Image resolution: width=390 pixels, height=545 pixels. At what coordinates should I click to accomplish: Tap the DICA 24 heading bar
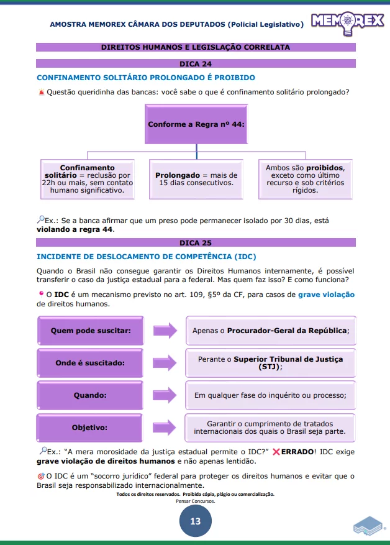[x=196, y=63]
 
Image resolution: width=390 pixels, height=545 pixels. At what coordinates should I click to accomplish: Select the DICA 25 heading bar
[x=196, y=243]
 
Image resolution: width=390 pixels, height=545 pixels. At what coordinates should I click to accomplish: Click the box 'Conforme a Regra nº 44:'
[x=196, y=124]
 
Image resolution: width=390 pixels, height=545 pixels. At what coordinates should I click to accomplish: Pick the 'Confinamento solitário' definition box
[x=87, y=180]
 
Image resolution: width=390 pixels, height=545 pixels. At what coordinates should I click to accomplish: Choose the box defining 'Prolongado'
[x=196, y=180]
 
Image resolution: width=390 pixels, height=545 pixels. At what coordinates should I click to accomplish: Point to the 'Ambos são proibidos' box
[x=305, y=180]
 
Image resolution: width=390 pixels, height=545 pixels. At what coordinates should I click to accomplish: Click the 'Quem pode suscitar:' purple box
[x=91, y=331]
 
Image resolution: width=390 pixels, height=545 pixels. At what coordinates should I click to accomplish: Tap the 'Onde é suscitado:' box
[x=91, y=363]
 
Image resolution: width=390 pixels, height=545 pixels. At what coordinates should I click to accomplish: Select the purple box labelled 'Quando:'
[x=91, y=395]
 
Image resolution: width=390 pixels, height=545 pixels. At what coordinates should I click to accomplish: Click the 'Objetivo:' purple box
[x=91, y=428]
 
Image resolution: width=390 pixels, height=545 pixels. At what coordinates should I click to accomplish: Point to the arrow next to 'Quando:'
[x=165, y=395]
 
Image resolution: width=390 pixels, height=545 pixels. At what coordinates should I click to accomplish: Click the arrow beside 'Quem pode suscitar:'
[x=165, y=331]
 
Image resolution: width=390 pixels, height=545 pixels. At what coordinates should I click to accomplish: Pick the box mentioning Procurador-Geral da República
[x=270, y=331]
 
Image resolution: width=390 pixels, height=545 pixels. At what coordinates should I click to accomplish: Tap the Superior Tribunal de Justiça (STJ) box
[x=270, y=363]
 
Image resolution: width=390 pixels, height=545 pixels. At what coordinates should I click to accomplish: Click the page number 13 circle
[x=195, y=521]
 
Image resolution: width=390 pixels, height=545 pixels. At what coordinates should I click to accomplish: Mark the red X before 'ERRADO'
[x=276, y=451]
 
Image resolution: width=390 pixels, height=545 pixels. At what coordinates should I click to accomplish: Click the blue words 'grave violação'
[x=326, y=295]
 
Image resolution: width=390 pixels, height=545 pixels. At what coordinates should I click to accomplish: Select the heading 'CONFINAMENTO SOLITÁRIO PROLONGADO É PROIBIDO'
[x=146, y=78]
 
